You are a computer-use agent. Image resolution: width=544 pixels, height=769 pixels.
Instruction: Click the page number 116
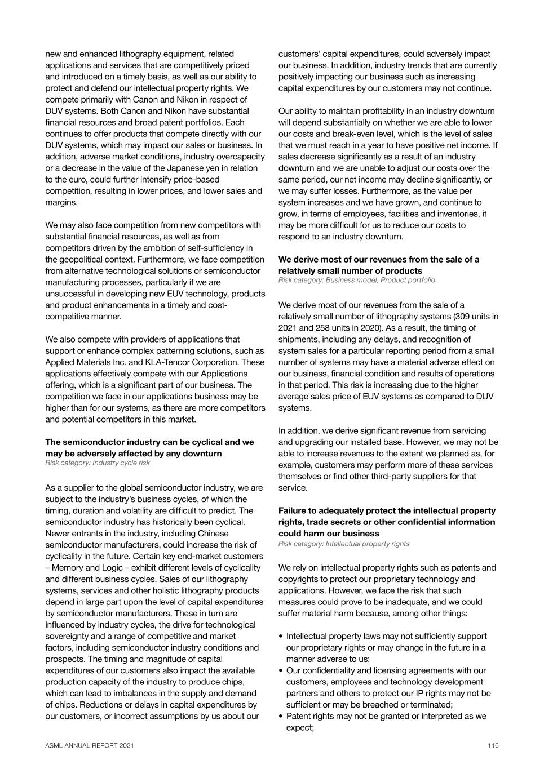pos(493,745)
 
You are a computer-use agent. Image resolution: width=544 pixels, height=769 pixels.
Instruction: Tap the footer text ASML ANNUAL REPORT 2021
pos(90,745)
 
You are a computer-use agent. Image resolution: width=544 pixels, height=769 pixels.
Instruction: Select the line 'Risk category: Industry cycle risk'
pos(98,463)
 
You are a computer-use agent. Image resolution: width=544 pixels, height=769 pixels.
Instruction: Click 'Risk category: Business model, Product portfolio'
pos(356,280)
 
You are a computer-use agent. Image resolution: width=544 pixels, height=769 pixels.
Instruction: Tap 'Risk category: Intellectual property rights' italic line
pos(344,544)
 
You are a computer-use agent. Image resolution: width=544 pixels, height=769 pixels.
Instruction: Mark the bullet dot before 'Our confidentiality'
pos(281,670)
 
